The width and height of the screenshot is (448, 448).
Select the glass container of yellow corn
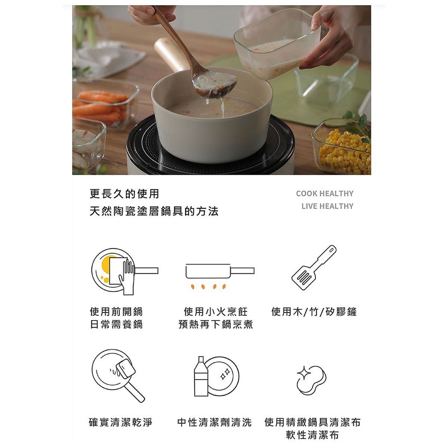click(x=341, y=146)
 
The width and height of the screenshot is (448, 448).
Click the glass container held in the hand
click(x=277, y=44)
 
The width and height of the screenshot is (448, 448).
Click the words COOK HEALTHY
click(x=324, y=193)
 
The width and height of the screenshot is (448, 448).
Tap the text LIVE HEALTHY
click(x=327, y=206)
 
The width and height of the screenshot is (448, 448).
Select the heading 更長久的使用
click(x=124, y=194)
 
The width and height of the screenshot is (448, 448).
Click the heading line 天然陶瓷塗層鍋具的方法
click(x=154, y=211)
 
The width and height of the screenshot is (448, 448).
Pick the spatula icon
click(x=314, y=267)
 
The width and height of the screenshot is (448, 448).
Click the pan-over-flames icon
click(x=220, y=276)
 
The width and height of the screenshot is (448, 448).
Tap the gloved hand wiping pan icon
click(x=125, y=271)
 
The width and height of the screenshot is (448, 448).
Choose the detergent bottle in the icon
click(x=201, y=376)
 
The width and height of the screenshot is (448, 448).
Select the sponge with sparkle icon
click(x=311, y=380)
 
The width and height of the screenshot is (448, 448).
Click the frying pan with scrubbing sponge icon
click(x=118, y=376)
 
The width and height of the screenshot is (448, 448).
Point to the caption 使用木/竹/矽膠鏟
click(x=314, y=312)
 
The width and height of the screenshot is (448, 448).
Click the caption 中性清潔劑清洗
click(x=214, y=422)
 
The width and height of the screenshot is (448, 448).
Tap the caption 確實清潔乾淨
click(x=121, y=422)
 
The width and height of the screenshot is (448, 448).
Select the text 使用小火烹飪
click(x=216, y=312)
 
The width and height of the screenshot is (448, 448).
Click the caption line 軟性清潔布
click(x=312, y=435)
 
